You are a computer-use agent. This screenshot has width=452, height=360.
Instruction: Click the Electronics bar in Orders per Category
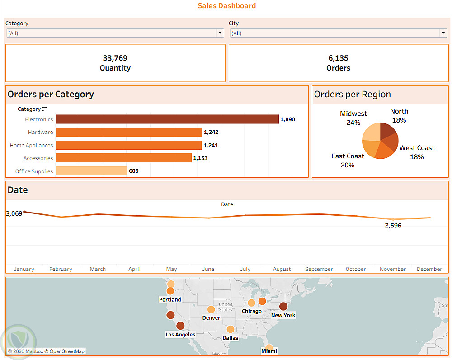click(167, 119)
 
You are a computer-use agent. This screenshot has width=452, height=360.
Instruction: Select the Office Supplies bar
click(91, 171)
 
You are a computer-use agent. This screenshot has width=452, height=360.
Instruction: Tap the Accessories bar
click(123, 158)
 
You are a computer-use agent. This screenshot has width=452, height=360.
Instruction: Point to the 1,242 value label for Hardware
click(211, 133)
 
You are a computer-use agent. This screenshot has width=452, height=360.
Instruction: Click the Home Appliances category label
click(31, 146)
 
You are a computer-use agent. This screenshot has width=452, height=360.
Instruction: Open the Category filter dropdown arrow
click(220, 33)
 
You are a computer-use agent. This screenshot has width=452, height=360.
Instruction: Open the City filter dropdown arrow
click(443, 33)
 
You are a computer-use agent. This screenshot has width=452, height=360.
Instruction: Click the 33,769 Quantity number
click(115, 58)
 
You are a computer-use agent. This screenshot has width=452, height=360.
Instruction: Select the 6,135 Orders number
click(338, 58)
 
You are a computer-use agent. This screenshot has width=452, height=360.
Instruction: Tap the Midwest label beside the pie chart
click(353, 114)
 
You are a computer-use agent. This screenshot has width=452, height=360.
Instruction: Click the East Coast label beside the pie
click(348, 156)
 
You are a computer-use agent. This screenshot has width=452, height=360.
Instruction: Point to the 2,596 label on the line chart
click(393, 225)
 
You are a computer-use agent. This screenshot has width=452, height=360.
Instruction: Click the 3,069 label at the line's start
click(14, 213)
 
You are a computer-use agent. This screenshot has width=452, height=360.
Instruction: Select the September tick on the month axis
click(319, 269)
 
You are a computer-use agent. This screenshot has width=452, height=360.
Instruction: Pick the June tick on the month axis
click(208, 269)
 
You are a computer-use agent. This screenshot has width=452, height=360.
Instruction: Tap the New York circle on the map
click(283, 306)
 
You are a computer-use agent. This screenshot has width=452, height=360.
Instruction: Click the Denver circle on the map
click(211, 309)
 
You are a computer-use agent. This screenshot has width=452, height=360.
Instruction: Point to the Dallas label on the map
click(231, 338)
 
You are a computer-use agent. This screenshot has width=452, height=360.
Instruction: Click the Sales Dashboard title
click(227, 6)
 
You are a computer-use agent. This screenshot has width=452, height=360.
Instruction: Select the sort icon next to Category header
click(44, 109)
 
